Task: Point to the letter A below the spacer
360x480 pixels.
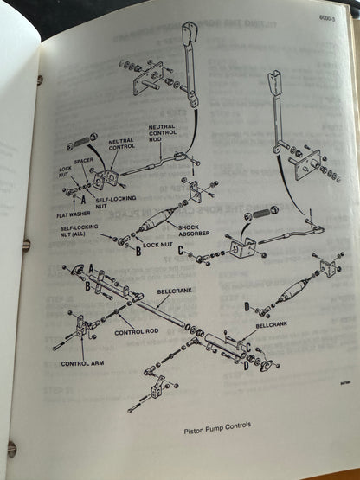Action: [84, 199]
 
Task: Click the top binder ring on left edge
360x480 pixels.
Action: [39, 80]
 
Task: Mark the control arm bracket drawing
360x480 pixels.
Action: [83, 329]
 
